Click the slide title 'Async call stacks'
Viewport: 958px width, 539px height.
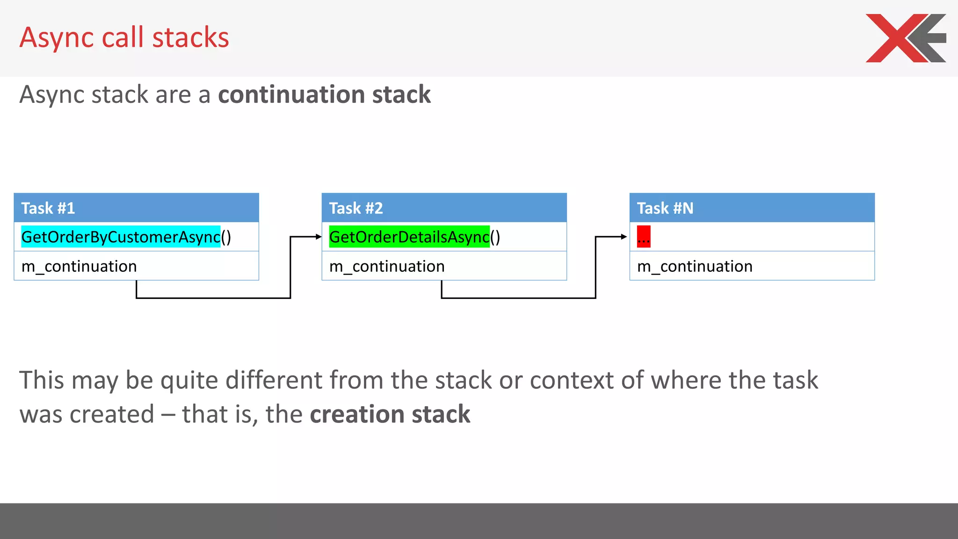tap(124, 37)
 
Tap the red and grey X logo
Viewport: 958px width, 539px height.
tap(905, 38)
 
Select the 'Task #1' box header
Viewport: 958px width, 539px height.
tap(136, 208)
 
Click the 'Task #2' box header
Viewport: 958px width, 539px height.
tap(444, 208)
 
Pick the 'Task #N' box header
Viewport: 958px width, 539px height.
tap(752, 208)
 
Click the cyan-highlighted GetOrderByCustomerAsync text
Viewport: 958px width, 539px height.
tap(121, 237)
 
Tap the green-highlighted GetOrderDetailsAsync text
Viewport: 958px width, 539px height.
tap(409, 237)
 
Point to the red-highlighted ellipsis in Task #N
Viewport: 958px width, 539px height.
tap(644, 237)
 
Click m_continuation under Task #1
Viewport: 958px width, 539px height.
tap(79, 266)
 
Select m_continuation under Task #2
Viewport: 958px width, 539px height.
tap(387, 266)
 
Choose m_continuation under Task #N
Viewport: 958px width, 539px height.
tap(695, 266)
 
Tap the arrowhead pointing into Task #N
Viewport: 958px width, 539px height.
tap(624, 237)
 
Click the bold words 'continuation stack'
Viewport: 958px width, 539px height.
tap(324, 95)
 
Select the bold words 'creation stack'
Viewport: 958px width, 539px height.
tap(390, 414)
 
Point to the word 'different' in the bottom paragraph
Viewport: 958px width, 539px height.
tap(274, 380)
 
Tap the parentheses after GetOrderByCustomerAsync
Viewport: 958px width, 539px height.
tap(226, 237)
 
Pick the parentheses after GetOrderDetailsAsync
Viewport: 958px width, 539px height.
tap(495, 237)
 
